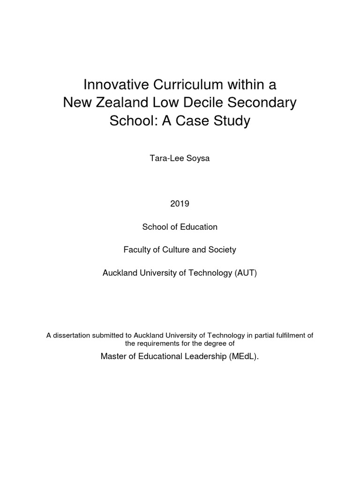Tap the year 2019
[x=180, y=204]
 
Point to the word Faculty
[x=137, y=250]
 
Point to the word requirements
[x=162, y=343]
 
